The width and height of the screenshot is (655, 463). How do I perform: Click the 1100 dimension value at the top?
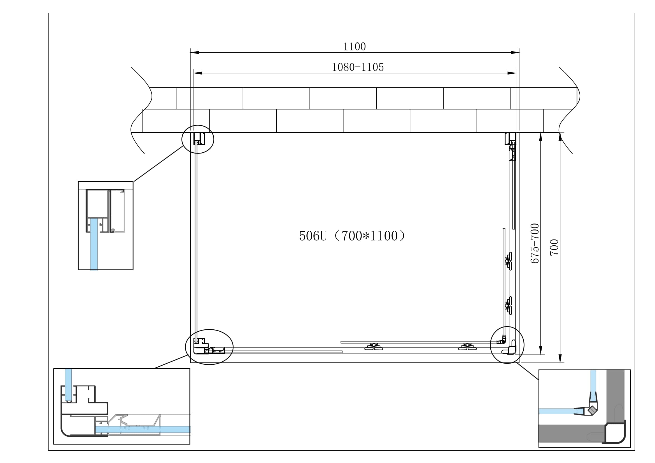click(x=354, y=46)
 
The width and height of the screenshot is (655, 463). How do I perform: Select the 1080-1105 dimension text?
click(x=358, y=67)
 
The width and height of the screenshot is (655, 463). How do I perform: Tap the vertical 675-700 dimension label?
click(x=535, y=243)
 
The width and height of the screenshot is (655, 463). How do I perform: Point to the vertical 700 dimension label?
click(x=554, y=247)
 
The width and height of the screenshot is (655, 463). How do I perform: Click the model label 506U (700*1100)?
click(x=352, y=236)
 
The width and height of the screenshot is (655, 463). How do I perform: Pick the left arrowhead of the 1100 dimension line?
click(x=195, y=52)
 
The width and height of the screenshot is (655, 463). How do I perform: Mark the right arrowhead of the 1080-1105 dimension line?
click(x=512, y=73)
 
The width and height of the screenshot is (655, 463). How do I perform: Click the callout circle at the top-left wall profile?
click(x=198, y=139)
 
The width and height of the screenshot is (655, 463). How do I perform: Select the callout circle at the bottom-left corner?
click(x=209, y=347)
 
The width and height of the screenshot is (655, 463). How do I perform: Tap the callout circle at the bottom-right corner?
click(x=507, y=345)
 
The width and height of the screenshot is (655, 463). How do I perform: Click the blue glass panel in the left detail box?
click(x=94, y=244)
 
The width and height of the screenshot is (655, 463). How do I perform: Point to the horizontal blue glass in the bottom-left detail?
click(x=143, y=429)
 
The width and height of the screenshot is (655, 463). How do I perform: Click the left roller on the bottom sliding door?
click(x=374, y=347)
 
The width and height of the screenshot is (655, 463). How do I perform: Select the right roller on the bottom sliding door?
click(x=467, y=347)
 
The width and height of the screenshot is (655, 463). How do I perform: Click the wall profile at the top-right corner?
click(x=511, y=139)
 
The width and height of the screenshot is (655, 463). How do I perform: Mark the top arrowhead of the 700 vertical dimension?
click(x=560, y=137)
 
